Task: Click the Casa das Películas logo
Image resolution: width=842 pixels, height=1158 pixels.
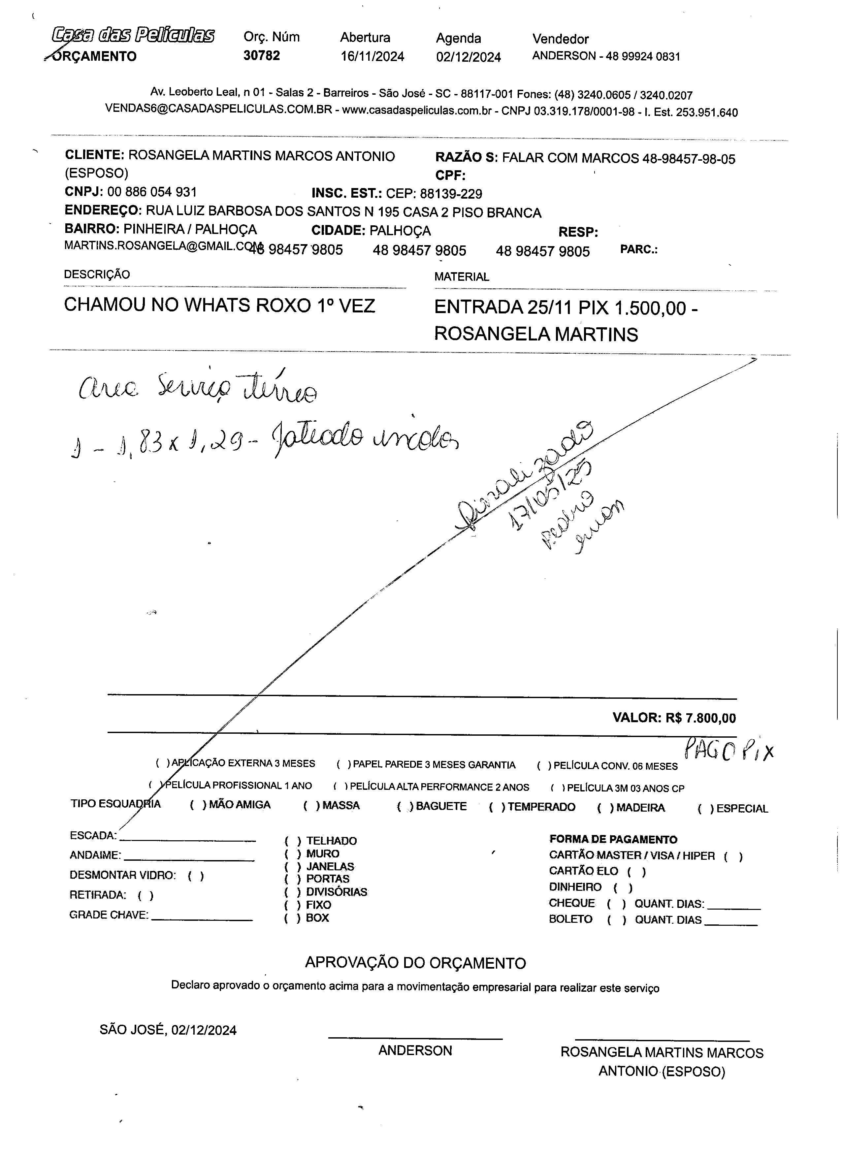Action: [133, 35]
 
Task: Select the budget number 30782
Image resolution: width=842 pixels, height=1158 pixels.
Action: [261, 55]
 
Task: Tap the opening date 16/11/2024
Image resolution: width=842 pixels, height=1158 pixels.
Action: [372, 56]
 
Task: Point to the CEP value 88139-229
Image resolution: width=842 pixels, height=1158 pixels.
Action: [451, 194]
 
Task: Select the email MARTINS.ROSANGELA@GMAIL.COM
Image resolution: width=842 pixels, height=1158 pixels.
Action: [162, 245]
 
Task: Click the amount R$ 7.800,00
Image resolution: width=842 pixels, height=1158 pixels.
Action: [700, 718]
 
